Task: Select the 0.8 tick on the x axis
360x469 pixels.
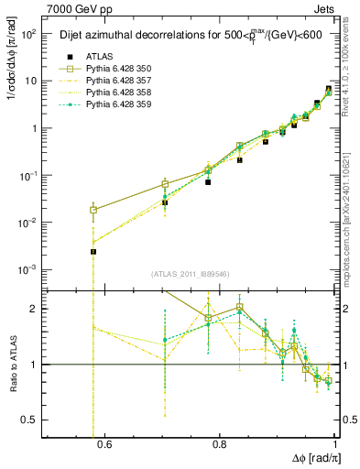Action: [219, 445]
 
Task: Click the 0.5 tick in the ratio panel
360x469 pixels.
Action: [32, 420]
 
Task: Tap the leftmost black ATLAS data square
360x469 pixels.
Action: [93, 251]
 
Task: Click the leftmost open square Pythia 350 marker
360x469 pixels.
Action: [93, 210]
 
